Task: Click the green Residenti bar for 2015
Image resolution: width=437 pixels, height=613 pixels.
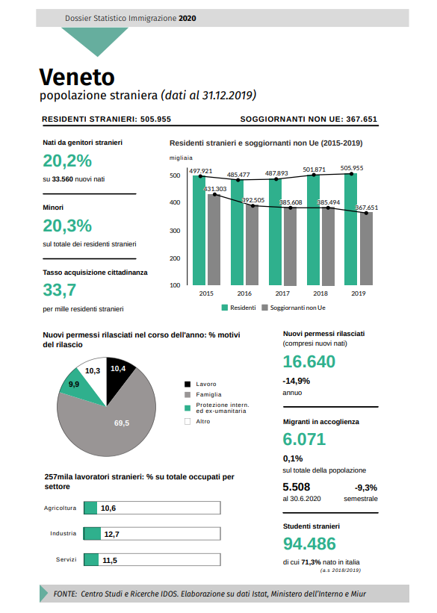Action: [x=199, y=230]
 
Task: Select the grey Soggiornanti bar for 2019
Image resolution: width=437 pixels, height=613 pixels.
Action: [x=366, y=249]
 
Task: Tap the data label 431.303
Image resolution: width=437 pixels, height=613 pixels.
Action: [x=215, y=189]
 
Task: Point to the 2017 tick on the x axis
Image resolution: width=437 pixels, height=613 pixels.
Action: [x=282, y=293]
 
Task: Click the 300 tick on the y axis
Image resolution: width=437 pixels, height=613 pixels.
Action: [x=175, y=231]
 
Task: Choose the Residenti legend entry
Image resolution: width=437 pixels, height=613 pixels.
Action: [x=238, y=308]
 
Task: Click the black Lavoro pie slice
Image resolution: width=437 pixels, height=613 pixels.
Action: [x=119, y=376]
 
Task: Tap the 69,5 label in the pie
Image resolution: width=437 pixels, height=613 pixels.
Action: [x=122, y=423]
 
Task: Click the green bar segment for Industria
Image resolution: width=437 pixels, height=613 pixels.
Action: [x=93, y=534]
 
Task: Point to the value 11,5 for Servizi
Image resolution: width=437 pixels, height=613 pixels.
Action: [x=110, y=560]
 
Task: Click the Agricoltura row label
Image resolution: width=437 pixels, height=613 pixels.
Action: [x=60, y=508]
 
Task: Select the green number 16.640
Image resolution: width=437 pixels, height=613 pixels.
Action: [x=309, y=361]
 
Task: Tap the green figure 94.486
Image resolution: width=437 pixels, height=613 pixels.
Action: [x=309, y=544]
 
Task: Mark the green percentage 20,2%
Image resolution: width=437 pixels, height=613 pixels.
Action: [x=67, y=161]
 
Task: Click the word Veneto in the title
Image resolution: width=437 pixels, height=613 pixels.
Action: [x=77, y=77]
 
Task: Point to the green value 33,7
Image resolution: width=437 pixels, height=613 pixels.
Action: [x=60, y=290]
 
